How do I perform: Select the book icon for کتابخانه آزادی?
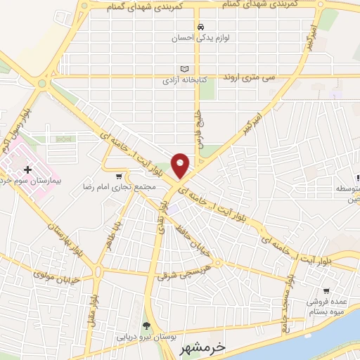tap(185, 69)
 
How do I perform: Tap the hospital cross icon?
tap(27, 169)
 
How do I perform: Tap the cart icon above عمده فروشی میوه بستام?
tap(326, 290)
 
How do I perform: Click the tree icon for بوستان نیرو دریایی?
tap(146, 326)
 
